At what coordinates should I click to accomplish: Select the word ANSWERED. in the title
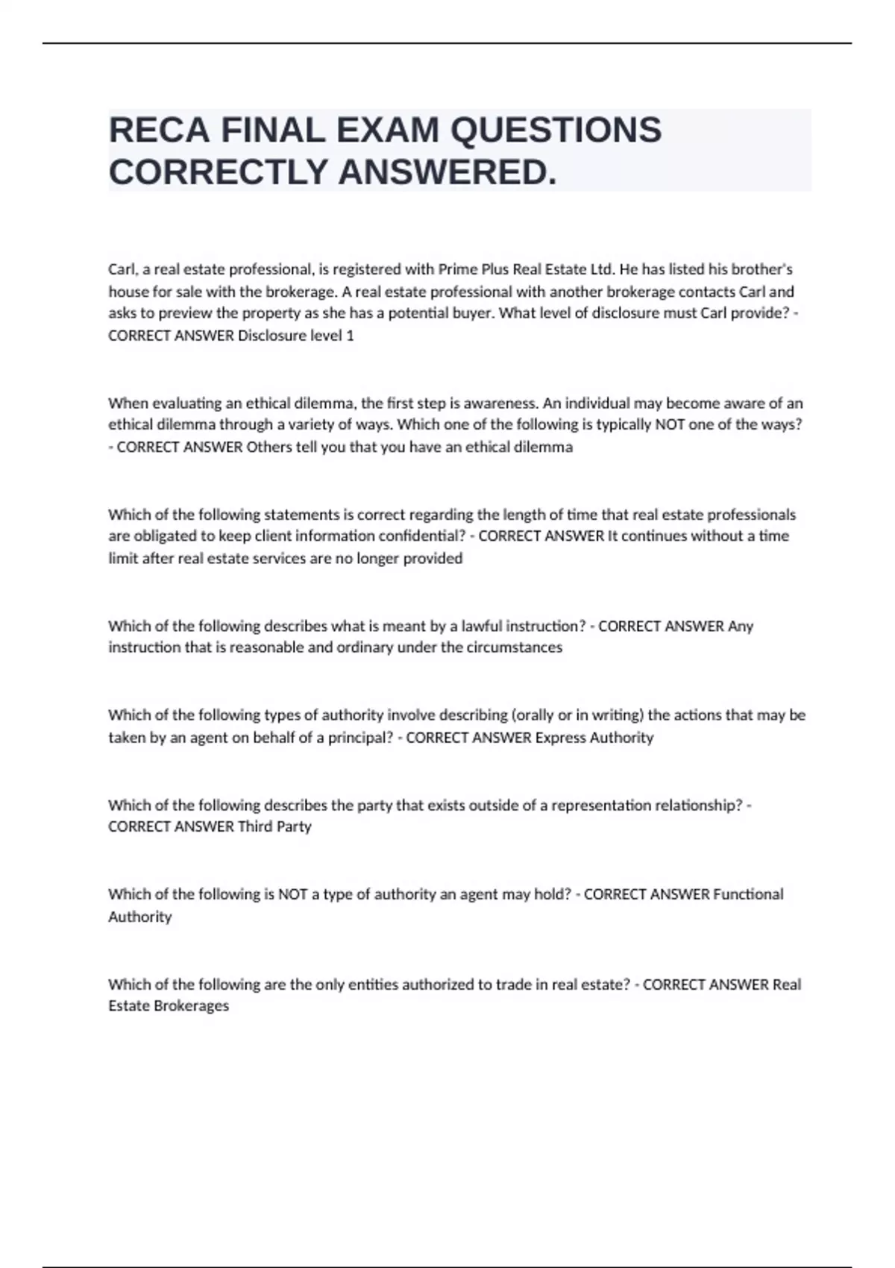(x=447, y=172)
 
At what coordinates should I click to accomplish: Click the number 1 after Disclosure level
(x=350, y=336)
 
